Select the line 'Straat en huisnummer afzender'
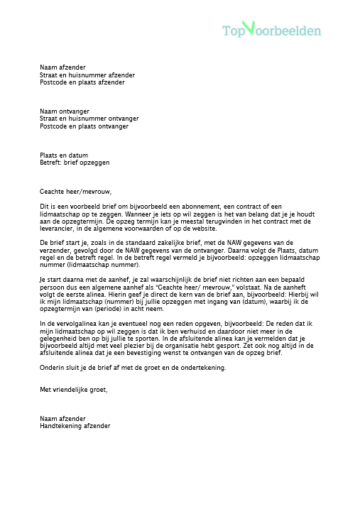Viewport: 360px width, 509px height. click(87, 75)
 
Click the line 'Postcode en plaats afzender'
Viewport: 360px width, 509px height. click(82, 82)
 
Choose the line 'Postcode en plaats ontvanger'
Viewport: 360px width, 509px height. click(84, 126)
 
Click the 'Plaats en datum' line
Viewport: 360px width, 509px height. click(64, 155)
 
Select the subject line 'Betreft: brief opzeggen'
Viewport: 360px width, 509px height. click(75, 162)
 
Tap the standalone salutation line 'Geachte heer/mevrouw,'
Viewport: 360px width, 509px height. click(76, 191)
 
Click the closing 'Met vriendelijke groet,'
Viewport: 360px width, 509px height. click(74, 389)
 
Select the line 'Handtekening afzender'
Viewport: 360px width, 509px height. click(75, 426)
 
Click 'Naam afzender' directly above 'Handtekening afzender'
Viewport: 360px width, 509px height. click(62, 418)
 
